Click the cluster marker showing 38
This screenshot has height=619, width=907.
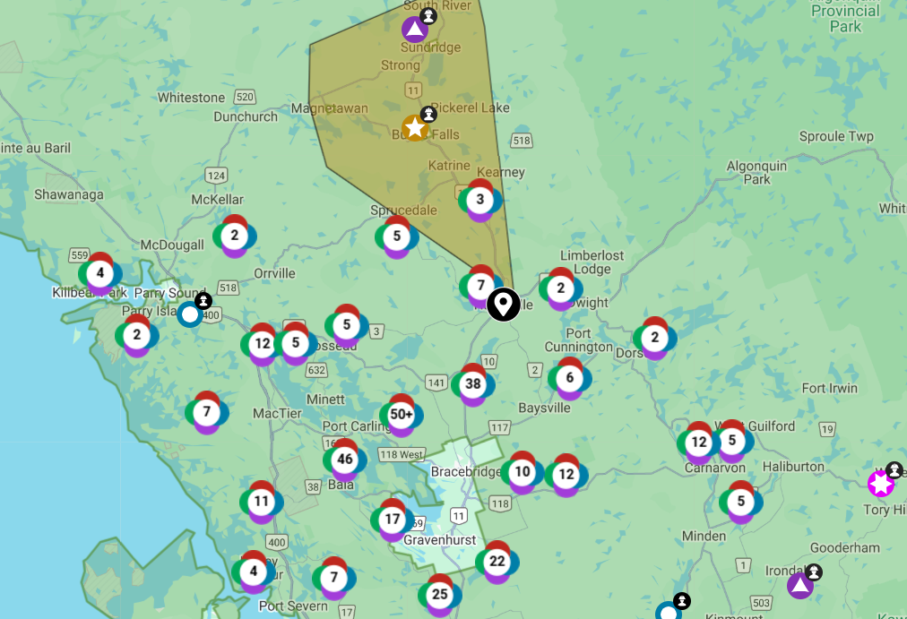tap(473, 384)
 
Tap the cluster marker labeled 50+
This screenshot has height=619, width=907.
tap(402, 415)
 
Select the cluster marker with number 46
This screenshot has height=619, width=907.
tap(345, 460)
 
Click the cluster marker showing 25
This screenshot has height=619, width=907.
tap(439, 594)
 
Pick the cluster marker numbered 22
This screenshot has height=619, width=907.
tap(497, 562)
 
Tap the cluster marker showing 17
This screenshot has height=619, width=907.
tap(393, 519)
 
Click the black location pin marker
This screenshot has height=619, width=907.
tap(504, 304)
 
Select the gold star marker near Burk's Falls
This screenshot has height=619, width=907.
tap(415, 128)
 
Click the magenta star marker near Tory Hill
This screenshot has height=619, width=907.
tap(881, 484)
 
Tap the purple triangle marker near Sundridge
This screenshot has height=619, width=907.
tap(414, 30)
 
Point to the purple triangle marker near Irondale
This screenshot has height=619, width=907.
tap(799, 586)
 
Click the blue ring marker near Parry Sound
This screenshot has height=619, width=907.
tap(189, 314)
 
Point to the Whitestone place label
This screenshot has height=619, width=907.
tap(191, 97)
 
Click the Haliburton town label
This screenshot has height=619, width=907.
tap(793, 467)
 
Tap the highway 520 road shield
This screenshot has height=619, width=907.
tap(246, 97)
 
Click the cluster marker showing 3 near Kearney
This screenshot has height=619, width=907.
tap(479, 199)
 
